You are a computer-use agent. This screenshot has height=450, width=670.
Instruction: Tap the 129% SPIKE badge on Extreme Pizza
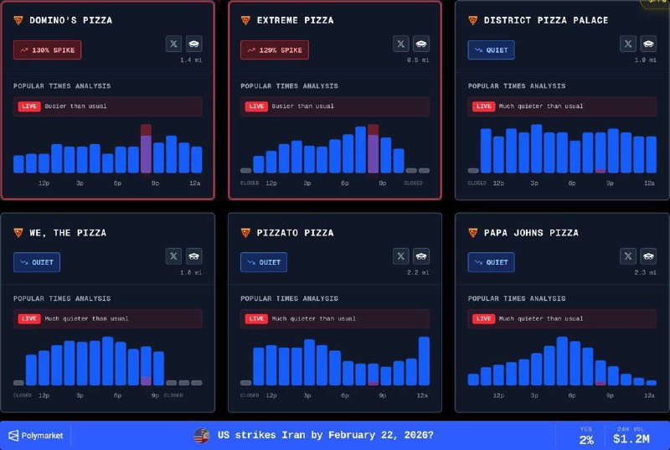pos(274,50)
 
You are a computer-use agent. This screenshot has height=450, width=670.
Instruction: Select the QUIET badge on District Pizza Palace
pos(491,50)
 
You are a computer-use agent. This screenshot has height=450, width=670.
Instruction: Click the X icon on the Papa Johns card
pos(628,256)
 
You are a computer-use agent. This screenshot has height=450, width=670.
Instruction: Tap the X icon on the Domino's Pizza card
pos(173,44)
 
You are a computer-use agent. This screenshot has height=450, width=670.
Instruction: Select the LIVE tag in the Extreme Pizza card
pos(255,106)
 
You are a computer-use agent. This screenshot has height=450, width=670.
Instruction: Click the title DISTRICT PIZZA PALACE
pos(546,20)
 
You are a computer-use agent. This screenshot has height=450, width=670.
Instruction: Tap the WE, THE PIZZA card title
pos(68,233)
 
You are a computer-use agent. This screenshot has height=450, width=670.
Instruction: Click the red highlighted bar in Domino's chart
pos(146,149)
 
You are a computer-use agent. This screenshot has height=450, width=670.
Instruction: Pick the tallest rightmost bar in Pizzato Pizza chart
pos(424,361)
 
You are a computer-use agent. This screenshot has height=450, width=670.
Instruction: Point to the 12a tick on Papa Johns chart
pos(649,395)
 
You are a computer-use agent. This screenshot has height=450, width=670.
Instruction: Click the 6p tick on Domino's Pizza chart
pos(118,182)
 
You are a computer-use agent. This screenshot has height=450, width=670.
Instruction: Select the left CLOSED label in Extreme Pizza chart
pos(250,182)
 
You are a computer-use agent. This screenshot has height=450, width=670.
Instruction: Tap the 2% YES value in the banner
pos(586,439)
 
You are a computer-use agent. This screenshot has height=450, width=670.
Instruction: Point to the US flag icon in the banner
pos(201,435)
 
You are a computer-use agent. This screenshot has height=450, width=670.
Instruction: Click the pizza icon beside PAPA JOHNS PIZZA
pos(473,233)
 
